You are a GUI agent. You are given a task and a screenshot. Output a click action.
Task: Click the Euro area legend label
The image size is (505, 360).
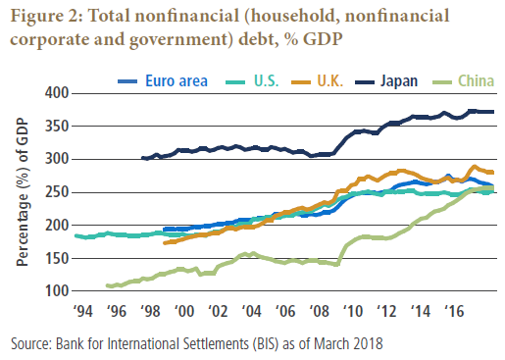pos(177,81)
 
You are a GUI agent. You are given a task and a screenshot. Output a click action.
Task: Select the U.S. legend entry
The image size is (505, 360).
pos(267,81)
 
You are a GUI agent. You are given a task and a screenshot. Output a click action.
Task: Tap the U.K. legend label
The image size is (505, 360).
pos(330,81)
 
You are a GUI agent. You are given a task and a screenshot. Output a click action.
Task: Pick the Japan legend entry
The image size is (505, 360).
pos(399,81)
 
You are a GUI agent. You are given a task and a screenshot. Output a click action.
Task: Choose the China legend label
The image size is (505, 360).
pos(476,81)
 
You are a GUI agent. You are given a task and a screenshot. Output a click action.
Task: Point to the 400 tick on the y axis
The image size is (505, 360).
pos(57,93)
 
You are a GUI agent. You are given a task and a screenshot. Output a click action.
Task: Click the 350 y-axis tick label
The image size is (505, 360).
pos(57,127)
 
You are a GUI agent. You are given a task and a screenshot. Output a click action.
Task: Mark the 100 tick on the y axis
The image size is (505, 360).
pos(57,291)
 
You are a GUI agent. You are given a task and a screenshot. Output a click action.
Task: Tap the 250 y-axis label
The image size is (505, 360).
pos(57,192)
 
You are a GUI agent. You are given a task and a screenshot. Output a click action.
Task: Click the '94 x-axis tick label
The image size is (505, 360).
pos(83,311)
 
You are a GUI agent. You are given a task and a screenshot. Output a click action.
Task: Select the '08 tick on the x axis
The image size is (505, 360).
pos(319,311)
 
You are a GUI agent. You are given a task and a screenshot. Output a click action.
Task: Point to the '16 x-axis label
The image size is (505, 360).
pos(454,311)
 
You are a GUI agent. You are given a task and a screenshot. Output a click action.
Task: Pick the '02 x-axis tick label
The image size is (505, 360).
pos(218,311)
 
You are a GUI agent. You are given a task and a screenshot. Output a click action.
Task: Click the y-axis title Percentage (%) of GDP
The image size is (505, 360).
pos(23,192)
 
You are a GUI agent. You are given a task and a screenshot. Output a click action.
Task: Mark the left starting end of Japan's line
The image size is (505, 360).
pos(142,158)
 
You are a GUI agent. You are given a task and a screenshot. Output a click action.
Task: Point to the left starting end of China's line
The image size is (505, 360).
pos(108,285)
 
